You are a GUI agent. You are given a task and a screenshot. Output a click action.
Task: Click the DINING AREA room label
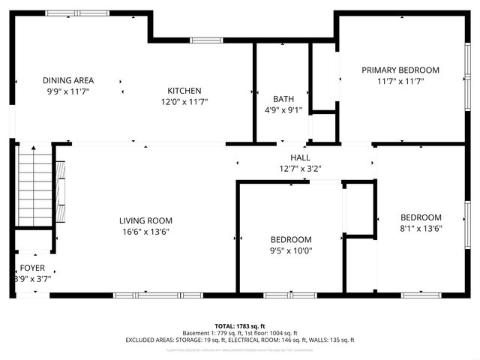tap(67, 80)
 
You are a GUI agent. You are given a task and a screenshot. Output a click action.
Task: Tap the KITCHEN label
tap(184, 91)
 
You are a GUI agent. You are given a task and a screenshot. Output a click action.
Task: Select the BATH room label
tap(283, 99)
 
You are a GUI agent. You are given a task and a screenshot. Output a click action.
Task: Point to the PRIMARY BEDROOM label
tap(400, 70)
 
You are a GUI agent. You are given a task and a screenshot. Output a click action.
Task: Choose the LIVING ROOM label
tap(145, 220)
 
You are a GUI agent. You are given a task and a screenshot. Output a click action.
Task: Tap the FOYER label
tap(32, 268)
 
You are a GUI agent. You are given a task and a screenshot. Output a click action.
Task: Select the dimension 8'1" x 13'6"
tap(421, 228)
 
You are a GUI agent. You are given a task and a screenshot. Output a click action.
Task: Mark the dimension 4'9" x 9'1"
tap(283, 109)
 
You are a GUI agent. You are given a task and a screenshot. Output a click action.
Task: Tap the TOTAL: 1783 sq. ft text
tap(240, 325)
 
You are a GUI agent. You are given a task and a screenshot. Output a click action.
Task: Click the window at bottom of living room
tap(157, 295)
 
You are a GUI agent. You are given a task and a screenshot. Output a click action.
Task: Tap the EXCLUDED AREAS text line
tap(240, 340)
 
